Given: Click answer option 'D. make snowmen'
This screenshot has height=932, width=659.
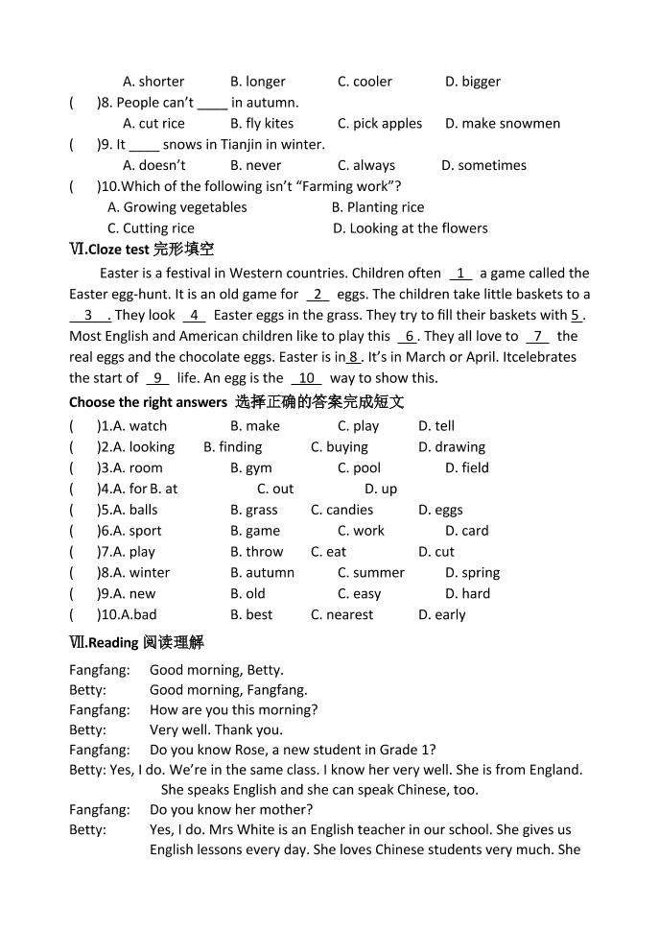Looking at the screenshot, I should point(502,124).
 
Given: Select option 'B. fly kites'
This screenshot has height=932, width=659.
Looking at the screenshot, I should point(262,124).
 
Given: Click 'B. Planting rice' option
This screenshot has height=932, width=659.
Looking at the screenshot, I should point(377,207).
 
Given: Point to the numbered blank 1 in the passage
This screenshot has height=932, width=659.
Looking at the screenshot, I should point(460,274).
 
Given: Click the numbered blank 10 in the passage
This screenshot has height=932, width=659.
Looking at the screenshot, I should point(306,378).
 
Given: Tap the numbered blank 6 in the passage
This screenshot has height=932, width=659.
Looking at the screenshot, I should point(409,337).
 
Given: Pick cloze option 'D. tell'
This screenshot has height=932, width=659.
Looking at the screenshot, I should point(436,426).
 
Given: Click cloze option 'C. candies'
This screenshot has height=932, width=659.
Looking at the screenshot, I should point(341,511).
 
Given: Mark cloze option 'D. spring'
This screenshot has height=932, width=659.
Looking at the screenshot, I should point(472,573).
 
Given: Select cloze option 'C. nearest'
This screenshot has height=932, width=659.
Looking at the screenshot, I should point(341,615).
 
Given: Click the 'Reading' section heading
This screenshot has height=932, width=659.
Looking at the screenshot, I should point(136,642).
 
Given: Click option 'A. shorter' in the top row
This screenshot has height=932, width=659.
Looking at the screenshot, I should point(153,82).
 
